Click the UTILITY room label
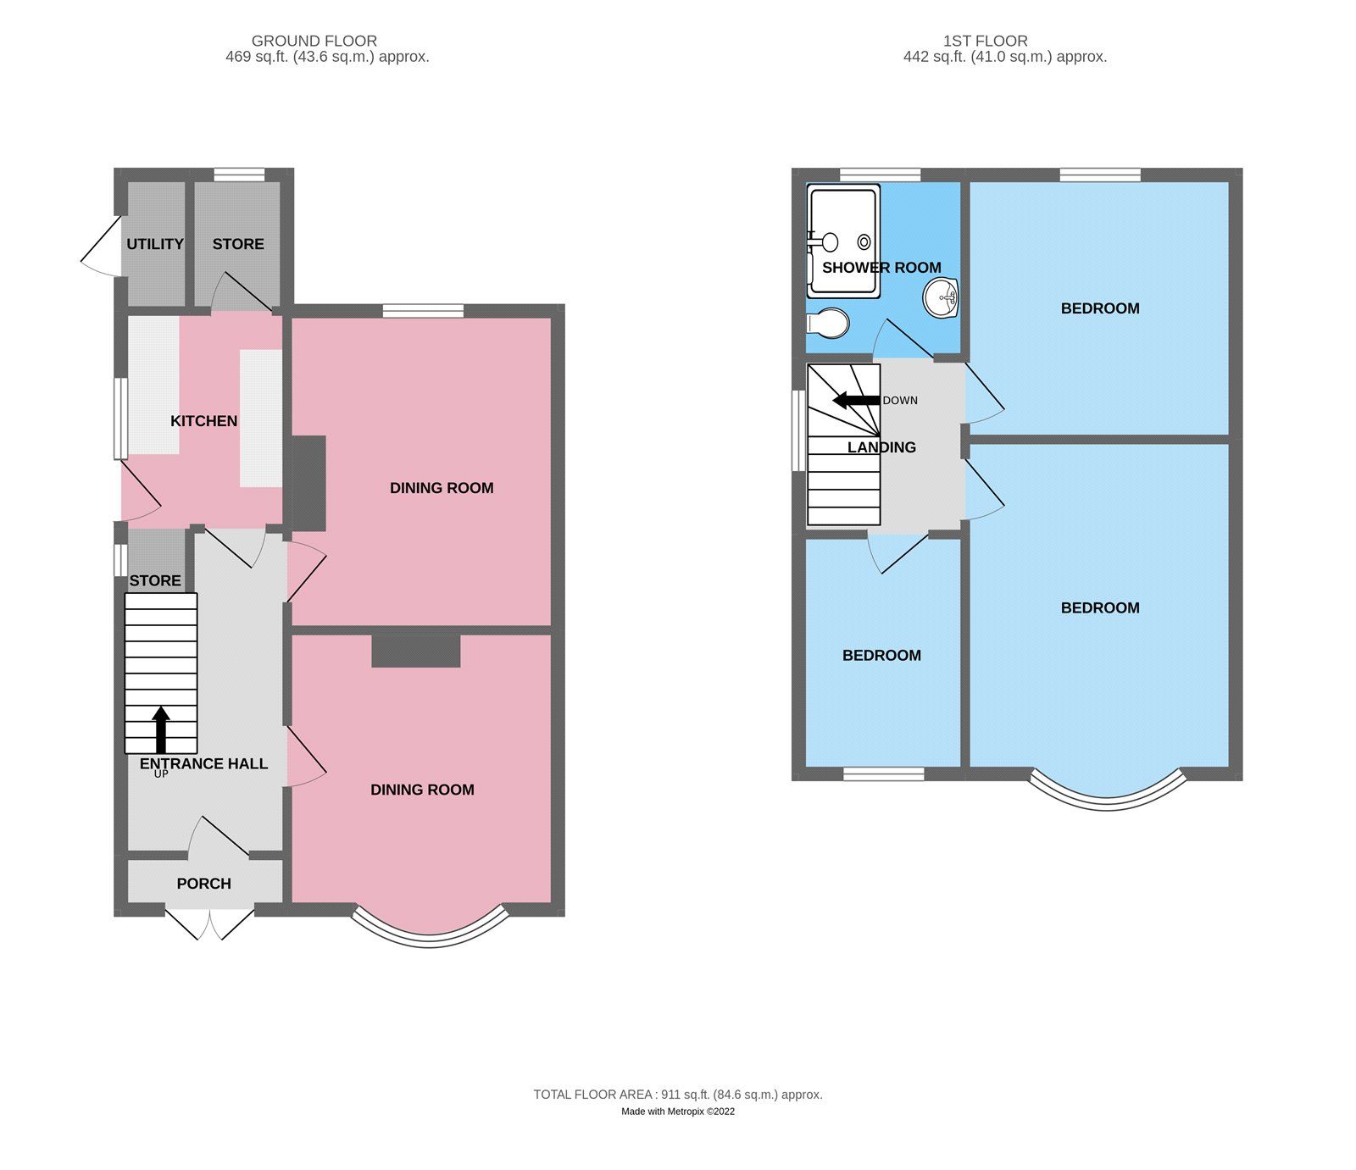pyautogui.click(x=154, y=244)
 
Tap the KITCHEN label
pyautogui.click(x=203, y=421)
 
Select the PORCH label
pyautogui.click(x=203, y=884)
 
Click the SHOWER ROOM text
pyautogui.click(x=881, y=268)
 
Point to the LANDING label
pyautogui.click(x=881, y=447)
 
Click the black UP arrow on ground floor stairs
pyautogui.click(x=160, y=729)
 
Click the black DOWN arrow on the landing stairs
pyautogui.click(x=856, y=401)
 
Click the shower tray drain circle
pyautogui.click(x=864, y=242)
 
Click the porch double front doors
pyautogui.click(x=209, y=924)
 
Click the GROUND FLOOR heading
pyautogui.click(x=314, y=41)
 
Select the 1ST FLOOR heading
pyautogui.click(x=985, y=41)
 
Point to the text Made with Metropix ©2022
pyautogui.click(x=677, y=1112)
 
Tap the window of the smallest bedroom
pyautogui.click(x=884, y=774)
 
